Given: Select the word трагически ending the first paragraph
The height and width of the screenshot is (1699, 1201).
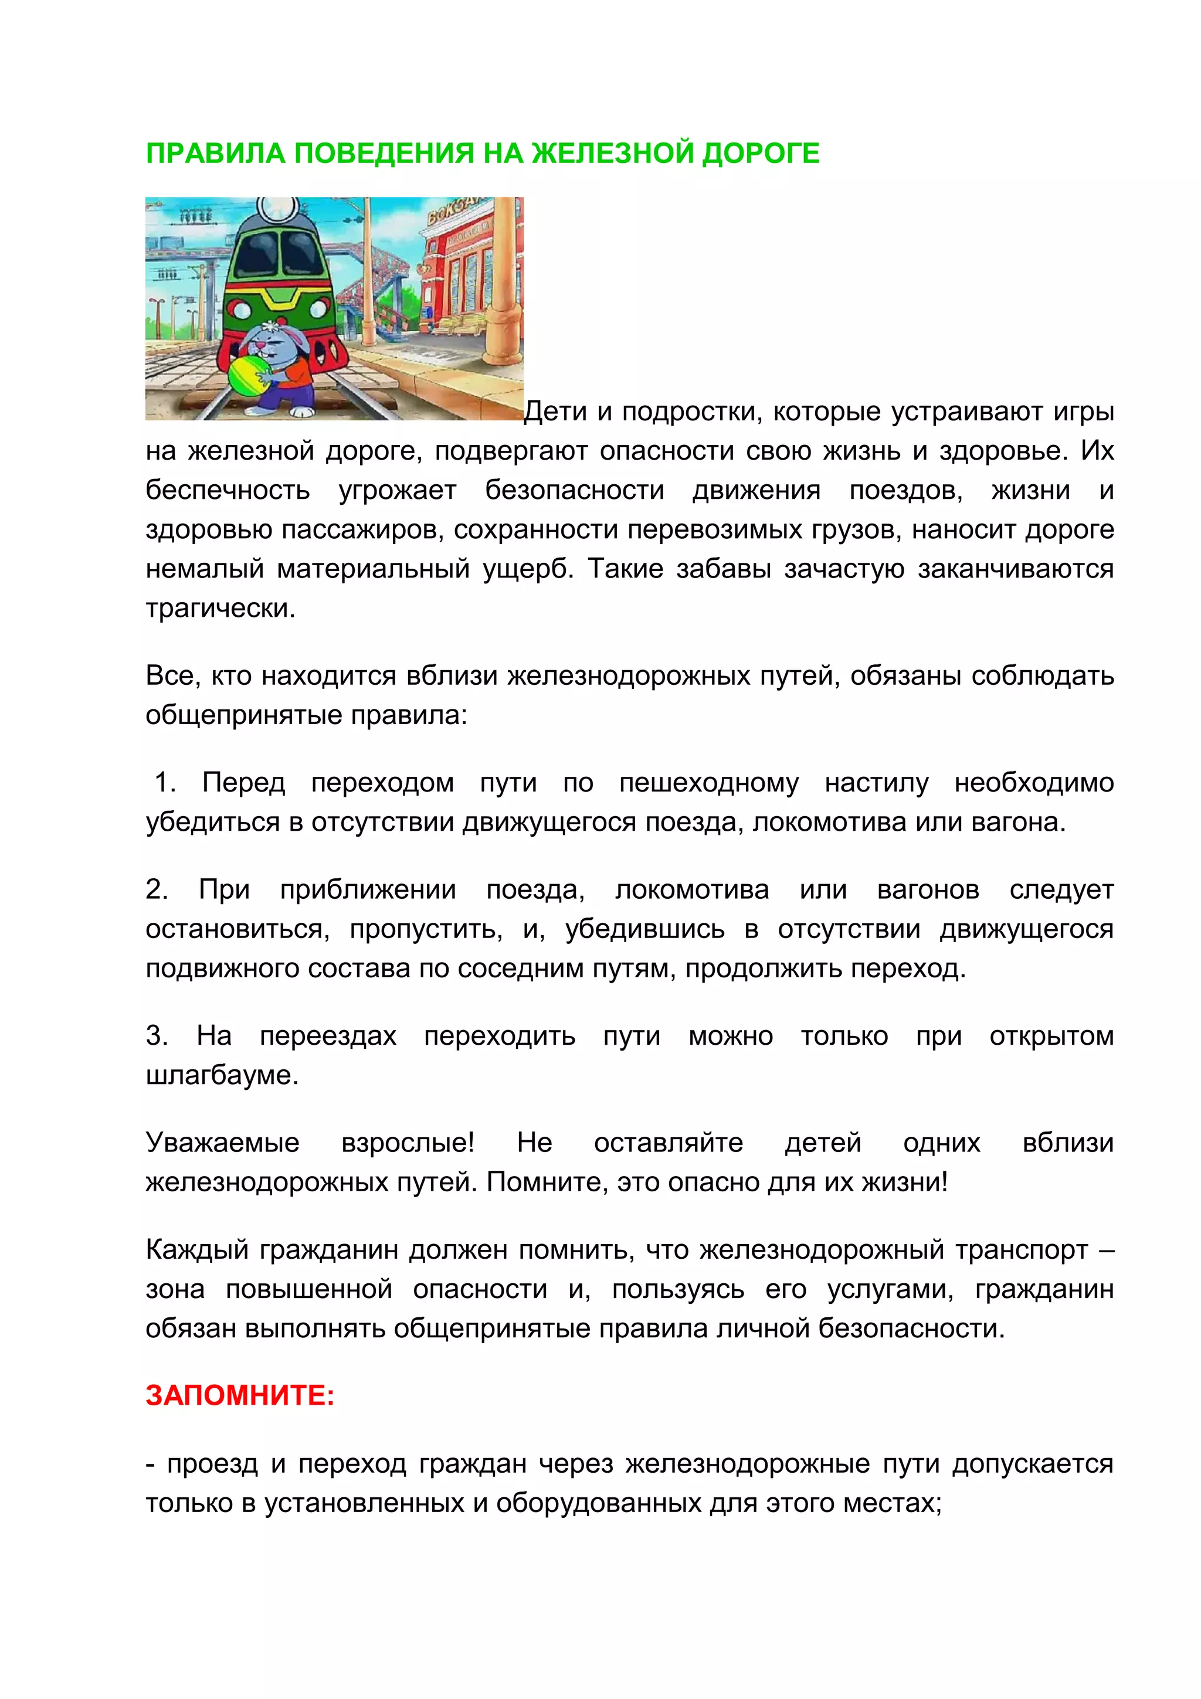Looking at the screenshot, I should coord(220,609).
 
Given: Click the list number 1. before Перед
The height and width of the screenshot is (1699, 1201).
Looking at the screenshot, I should coord(165,783).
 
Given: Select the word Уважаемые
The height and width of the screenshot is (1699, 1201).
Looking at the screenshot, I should coord(222,1143).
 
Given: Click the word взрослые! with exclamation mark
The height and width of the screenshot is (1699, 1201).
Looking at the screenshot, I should coord(408,1143).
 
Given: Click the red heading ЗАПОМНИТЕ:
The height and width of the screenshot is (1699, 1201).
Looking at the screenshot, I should coord(240,1395).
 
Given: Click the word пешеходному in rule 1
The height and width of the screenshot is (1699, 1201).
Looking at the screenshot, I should coord(709,783).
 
